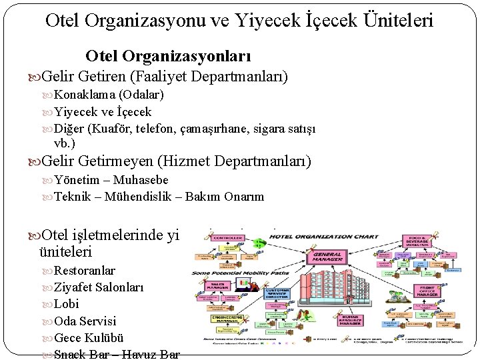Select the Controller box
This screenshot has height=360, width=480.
pos(229,237)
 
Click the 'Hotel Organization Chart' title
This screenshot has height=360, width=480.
pos(327,236)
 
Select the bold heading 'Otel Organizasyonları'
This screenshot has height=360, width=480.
pos(169,57)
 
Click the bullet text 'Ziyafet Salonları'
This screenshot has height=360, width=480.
pos(98,287)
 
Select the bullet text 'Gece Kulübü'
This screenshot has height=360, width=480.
pos(89,337)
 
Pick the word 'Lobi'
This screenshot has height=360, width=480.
pos(66,304)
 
